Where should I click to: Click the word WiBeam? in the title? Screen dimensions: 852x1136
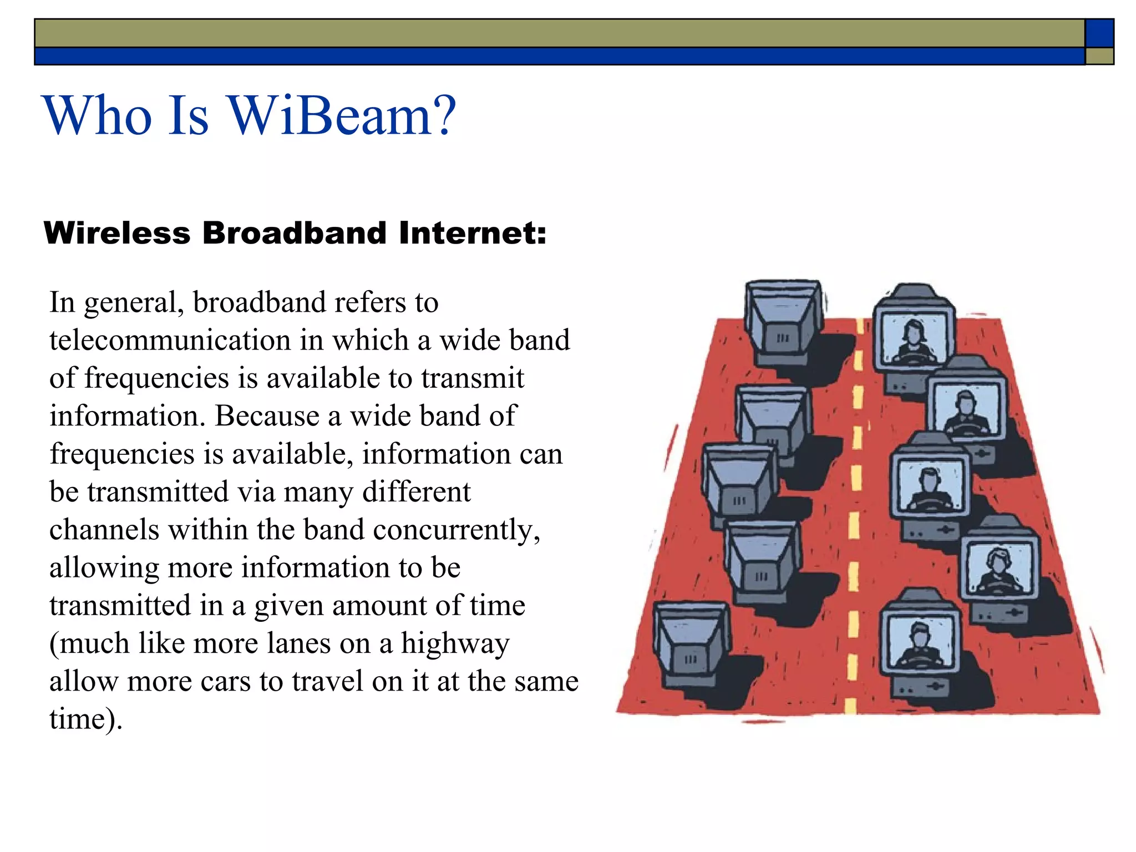pos(342,116)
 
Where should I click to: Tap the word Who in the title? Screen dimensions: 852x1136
pos(98,116)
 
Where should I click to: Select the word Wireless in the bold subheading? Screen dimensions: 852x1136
pos(117,233)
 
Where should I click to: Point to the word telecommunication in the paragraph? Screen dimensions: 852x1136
pos(170,340)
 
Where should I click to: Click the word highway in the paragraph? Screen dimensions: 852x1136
pos(455,644)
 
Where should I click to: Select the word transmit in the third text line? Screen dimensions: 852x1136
pos(472,378)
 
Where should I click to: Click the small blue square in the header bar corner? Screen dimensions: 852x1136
pos(1099,33)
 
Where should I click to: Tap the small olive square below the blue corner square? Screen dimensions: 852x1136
pos(1099,56)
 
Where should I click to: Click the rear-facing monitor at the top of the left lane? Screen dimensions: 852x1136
pos(783,319)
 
